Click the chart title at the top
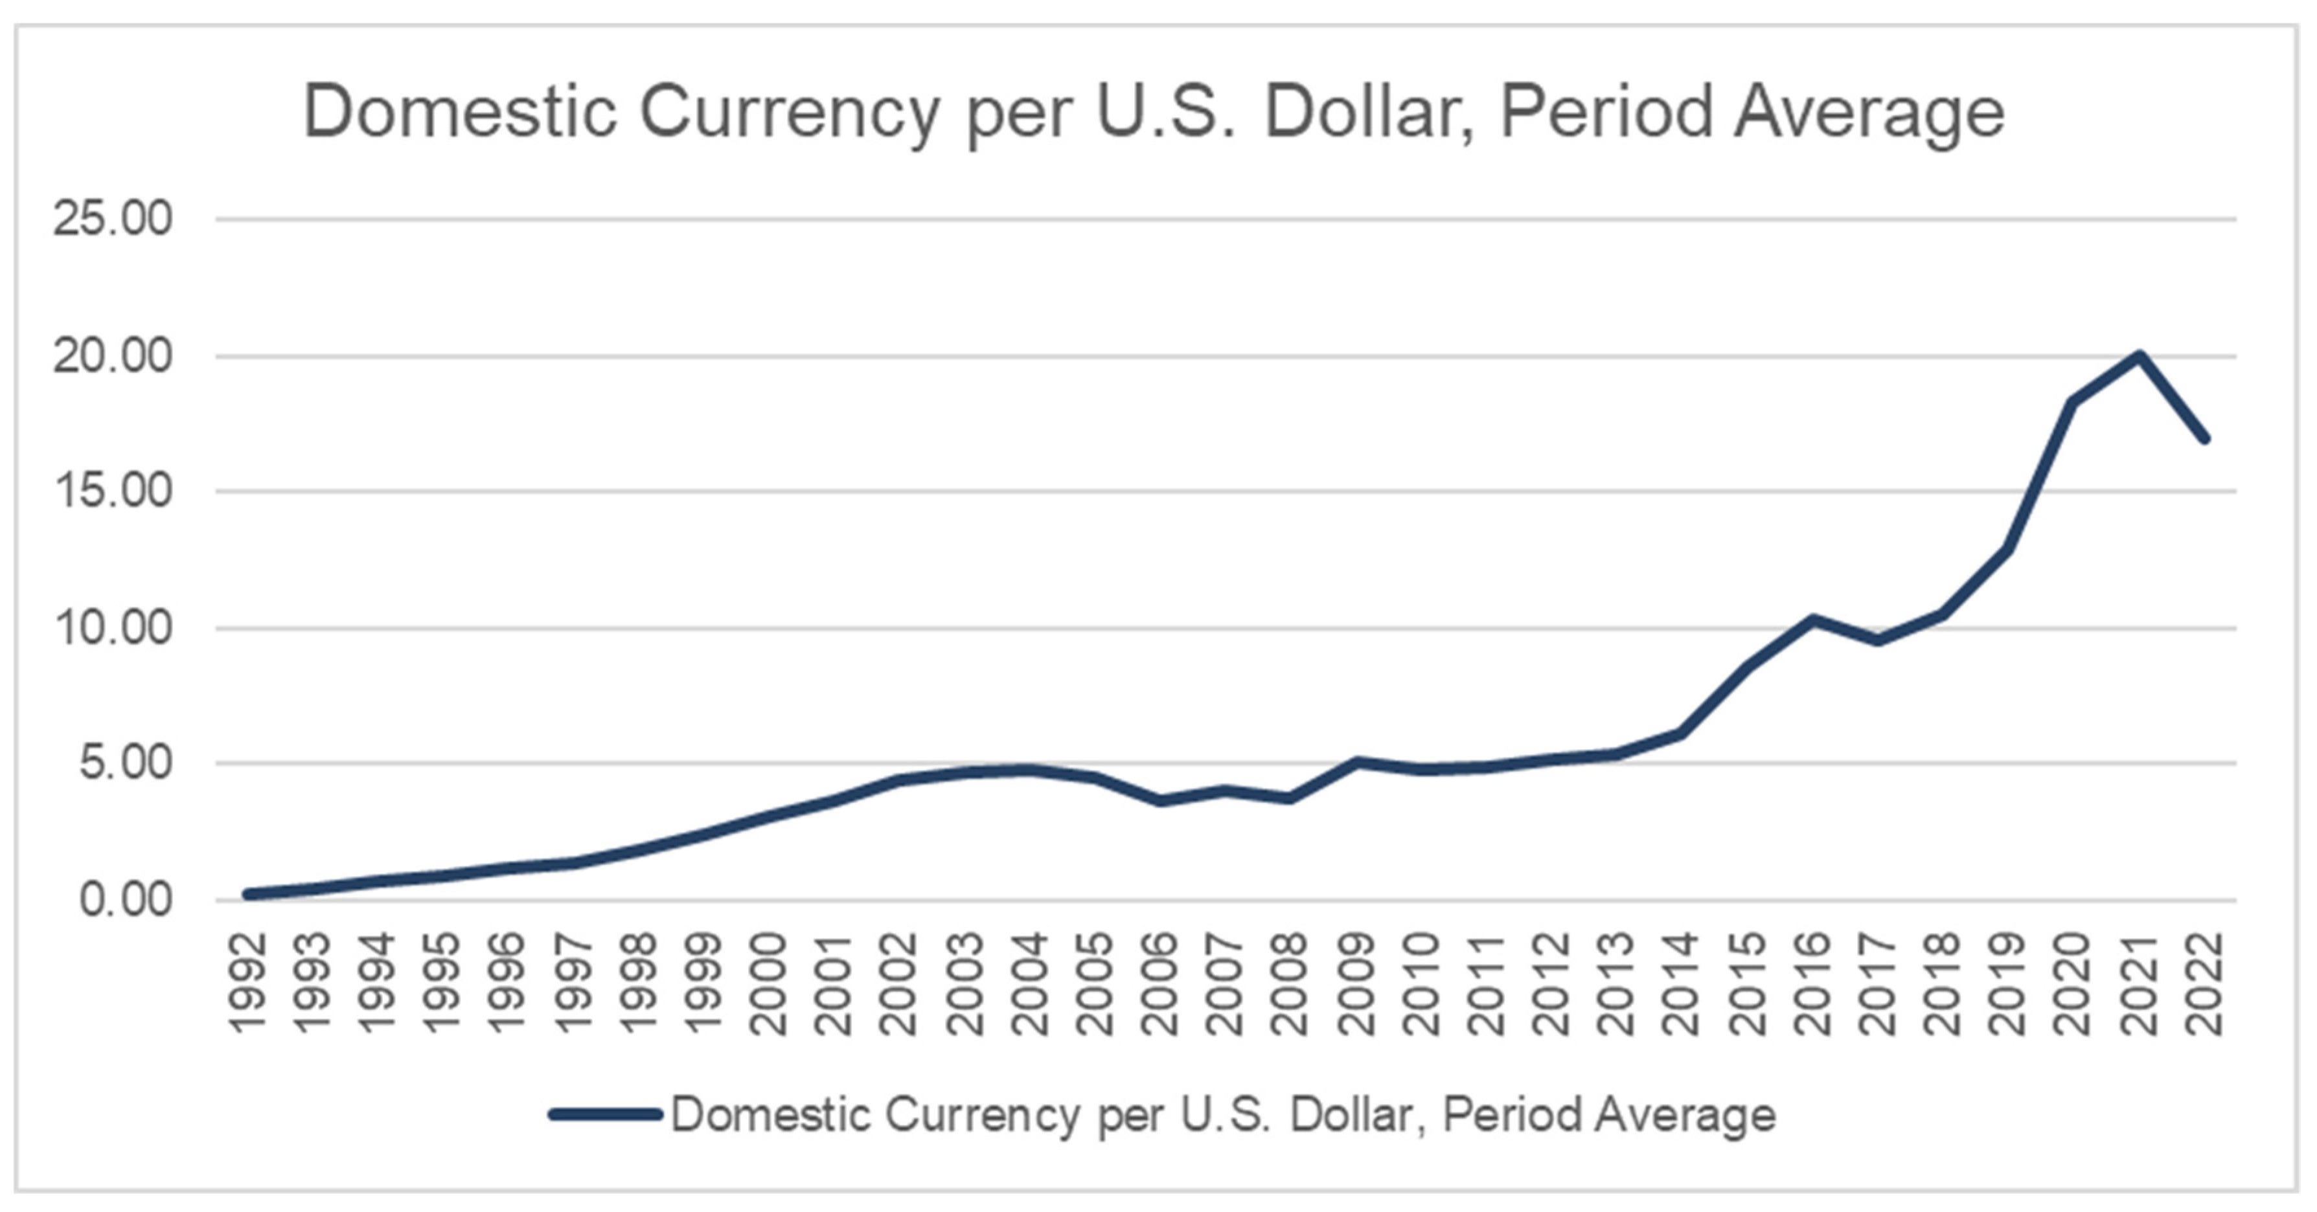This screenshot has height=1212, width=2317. click(1154, 113)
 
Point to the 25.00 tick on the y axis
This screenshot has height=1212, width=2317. click(113, 219)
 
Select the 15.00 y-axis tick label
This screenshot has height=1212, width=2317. click(113, 492)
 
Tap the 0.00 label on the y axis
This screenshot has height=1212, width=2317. click(125, 900)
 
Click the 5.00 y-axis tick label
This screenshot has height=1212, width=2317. click(125, 764)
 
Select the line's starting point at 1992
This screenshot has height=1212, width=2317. click(248, 893)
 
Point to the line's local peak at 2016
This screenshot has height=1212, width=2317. click(1813, 618)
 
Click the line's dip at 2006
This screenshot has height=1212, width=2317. click(1161, 800)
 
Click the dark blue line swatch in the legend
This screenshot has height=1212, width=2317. click(606, 1114)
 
